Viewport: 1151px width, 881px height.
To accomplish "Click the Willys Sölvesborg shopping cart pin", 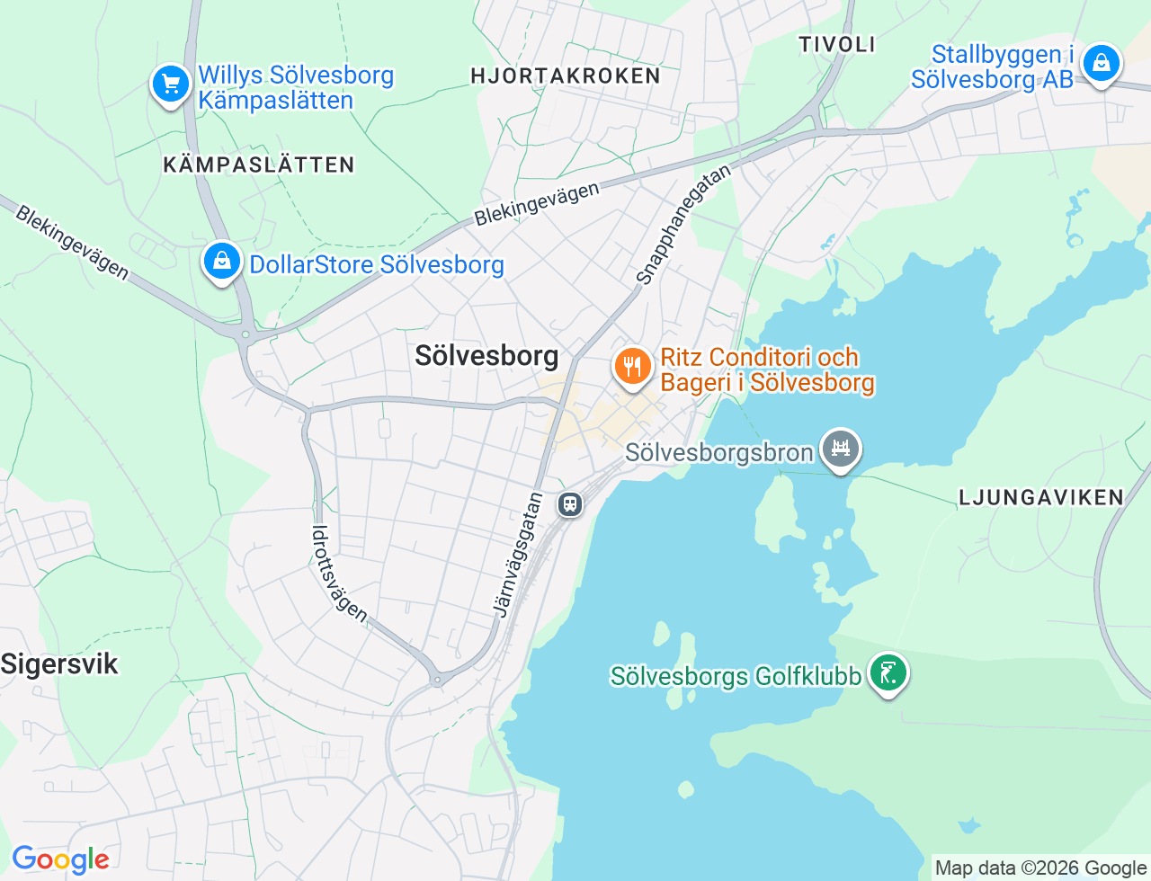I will click(x=171, y=85).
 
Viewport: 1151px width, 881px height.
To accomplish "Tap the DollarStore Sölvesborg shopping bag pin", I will click(x=221, y=262).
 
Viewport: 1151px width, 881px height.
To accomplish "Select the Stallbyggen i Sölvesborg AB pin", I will click(x=1101, y=64).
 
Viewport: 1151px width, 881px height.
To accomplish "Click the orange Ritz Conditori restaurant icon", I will click(x=633, y=367).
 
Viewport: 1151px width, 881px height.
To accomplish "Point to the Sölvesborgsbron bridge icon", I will click(x=841, y=448).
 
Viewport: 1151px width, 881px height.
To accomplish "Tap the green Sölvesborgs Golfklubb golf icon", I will click(x=888, y=672).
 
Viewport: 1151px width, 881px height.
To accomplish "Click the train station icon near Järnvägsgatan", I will click(x=570, y=503).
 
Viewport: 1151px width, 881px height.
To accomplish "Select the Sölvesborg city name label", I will click(x=486, y=355).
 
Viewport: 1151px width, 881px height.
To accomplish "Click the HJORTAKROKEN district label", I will click(x=566, y=76).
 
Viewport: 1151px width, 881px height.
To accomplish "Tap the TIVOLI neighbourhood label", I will click(x=837, y=44).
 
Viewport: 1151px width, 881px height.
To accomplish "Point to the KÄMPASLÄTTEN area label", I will click(x=259, y=165).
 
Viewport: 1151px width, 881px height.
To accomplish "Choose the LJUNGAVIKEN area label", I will click(x=1041, y=497).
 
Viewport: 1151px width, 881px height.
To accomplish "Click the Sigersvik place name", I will click(x=59, y=664).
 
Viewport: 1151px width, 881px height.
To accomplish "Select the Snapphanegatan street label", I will click(x=683, y=225).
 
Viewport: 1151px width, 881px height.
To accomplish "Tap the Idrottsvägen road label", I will click(x=339, y=574).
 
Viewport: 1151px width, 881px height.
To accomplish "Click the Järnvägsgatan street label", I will click(x=518, y=555).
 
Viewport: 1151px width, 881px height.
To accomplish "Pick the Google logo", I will click(x=60, y=859).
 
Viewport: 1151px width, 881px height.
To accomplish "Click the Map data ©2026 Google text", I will click(x=1040, y=868).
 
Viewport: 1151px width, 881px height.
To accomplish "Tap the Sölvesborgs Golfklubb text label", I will click(x=736, y=675).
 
